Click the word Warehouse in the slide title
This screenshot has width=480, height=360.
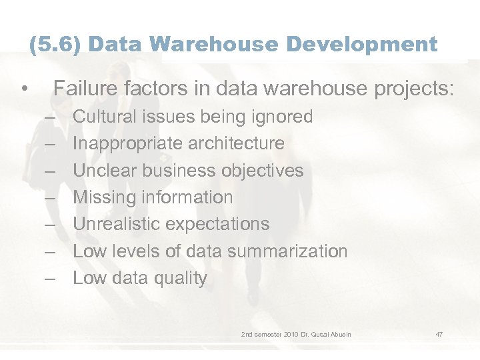[203, 45]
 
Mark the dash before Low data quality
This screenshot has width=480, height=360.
[51, 279]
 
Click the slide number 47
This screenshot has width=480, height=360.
[439, 333]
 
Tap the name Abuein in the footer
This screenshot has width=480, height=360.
[338, 333]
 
